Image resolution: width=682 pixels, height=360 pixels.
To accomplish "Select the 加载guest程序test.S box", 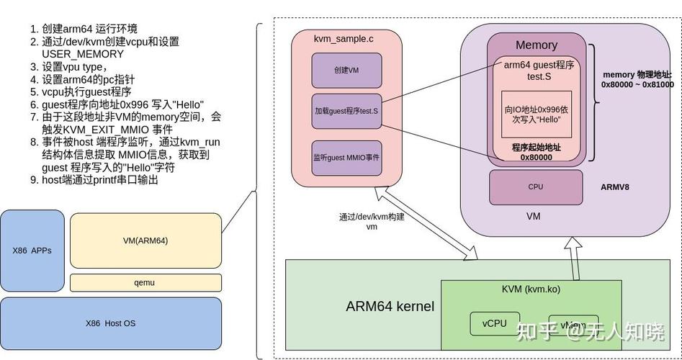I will [x=346, y=112].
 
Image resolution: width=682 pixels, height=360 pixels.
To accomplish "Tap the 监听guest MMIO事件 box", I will [x=346, y=157].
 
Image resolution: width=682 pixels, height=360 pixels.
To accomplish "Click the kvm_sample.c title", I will [x=344, y=37].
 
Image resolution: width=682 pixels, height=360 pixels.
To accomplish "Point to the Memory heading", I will [x=536, y=45].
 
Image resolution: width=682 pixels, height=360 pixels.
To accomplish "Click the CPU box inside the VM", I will [x=536, y=187].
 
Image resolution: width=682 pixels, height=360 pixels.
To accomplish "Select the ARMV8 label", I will [x=614, y=187].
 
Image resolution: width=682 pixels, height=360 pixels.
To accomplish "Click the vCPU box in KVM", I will [x=494, y=323].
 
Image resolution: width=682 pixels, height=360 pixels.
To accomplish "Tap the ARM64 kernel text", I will [x=390, y=307].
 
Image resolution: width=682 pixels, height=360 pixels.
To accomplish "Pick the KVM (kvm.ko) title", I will [x=531, y=289].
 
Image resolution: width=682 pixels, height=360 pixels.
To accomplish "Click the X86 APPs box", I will [x=32, y=251].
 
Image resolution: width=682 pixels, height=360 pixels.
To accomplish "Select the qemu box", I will [x=145, y=282].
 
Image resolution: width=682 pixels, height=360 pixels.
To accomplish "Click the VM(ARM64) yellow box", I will [x=145, y=240].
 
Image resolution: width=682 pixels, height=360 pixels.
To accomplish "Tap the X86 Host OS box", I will [x=110, y=323].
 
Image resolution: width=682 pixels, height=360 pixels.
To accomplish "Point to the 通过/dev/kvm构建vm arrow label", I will [x=372, y=221].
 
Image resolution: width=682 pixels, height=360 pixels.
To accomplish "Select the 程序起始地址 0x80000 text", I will [x=536, y=152].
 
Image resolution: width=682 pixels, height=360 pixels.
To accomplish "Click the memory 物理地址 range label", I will [x=637, y=79].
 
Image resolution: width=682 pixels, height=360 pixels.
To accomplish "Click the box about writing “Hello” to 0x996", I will [x=536, y=114].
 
